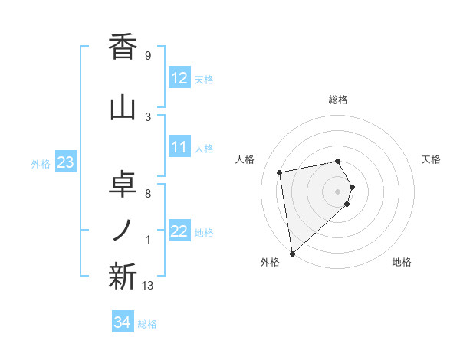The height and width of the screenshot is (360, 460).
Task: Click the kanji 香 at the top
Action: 123,47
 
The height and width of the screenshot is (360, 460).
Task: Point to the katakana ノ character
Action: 123,231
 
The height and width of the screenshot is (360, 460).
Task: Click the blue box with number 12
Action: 179,78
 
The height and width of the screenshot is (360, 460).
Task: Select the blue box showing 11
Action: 179,148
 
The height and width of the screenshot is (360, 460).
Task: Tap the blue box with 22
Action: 179,232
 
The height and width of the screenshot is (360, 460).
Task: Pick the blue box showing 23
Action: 65,163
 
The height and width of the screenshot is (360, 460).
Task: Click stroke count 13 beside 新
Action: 148,286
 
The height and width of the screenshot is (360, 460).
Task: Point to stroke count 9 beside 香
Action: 147,56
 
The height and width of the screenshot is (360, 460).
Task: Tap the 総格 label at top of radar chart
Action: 338,100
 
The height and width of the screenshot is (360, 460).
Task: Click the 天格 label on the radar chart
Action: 431,159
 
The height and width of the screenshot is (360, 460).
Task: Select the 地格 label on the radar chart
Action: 402,262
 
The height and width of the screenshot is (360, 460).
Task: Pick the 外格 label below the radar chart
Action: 270,262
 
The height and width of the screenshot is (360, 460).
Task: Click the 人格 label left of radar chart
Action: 245,159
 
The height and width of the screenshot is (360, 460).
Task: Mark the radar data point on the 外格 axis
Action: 292,253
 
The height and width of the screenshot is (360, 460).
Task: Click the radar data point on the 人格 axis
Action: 280,172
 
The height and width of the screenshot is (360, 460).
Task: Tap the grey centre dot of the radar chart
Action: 338,191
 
